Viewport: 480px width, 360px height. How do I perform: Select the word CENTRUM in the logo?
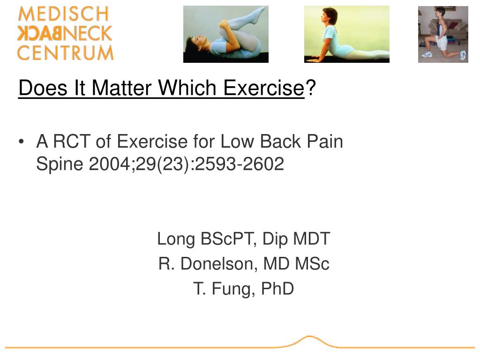pos(65,52)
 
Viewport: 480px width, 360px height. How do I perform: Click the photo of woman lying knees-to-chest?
pos(225,34)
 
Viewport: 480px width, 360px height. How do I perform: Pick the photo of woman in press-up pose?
pos(346,34)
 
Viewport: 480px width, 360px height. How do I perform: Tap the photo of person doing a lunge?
pos(443,34)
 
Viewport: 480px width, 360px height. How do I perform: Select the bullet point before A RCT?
pos(22,142)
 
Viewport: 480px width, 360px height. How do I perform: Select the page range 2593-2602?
pos(239,164)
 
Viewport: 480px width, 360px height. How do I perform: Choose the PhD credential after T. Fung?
pos(277,289)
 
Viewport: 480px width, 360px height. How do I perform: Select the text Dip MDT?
pos(296,239)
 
